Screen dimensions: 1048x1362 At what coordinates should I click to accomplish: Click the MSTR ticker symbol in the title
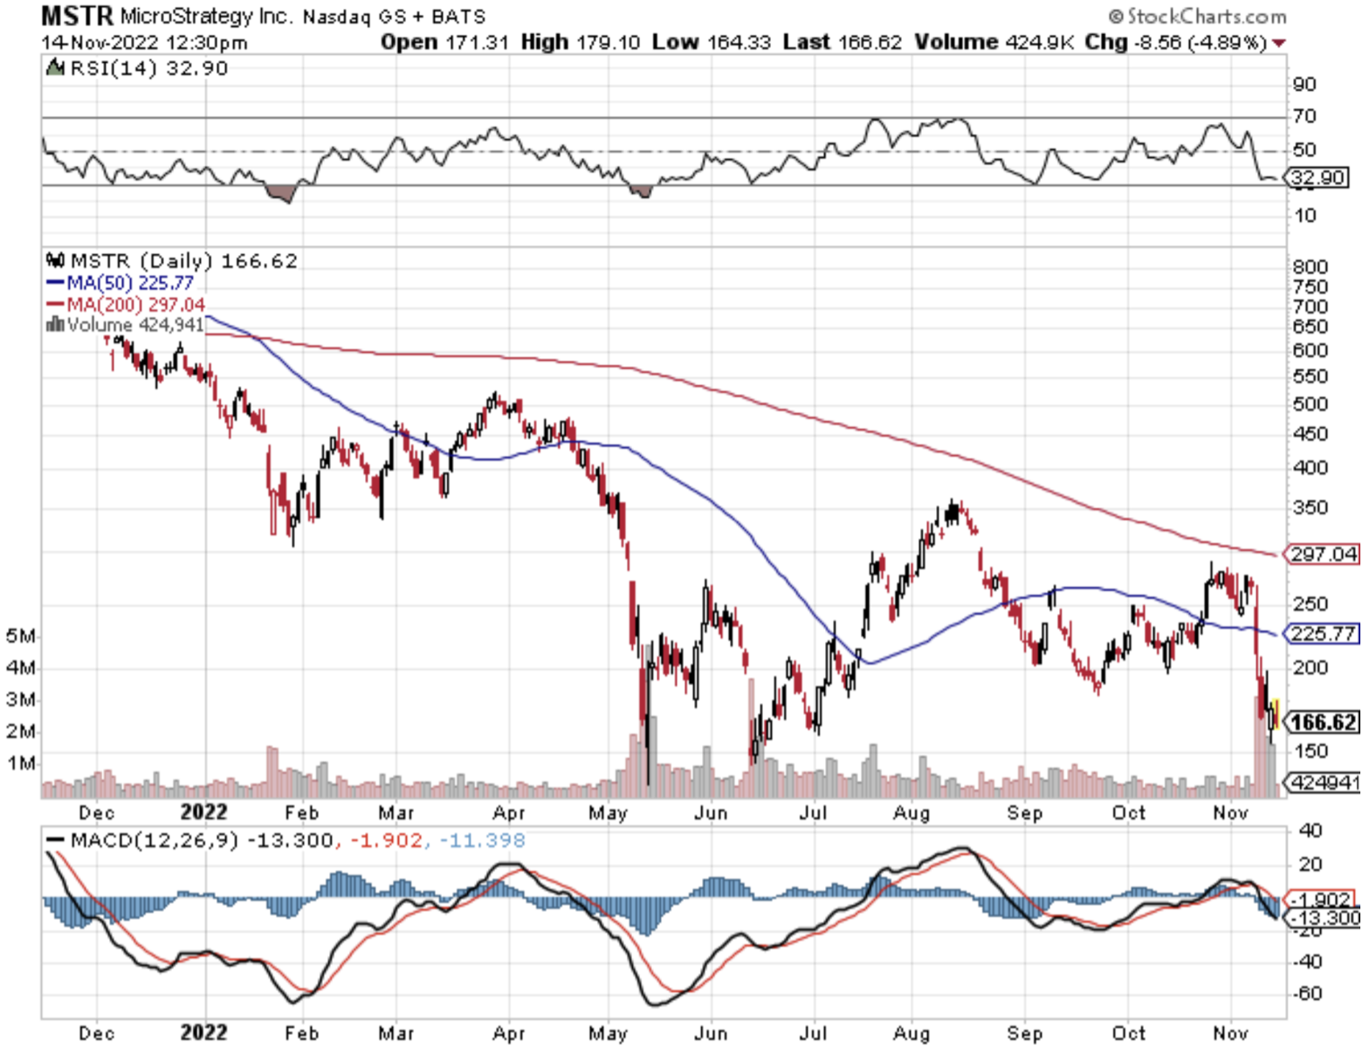77,16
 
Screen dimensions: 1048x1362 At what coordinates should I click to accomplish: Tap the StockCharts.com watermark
1198,17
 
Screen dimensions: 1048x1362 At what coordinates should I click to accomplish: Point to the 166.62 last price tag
1324,722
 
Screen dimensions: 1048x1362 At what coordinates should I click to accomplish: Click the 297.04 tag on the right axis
1324,554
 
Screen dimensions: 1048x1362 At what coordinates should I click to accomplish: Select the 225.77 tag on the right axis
1324,633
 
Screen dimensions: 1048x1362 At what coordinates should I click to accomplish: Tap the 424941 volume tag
1325,782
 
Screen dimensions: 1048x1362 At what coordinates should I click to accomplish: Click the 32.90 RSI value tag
1318,177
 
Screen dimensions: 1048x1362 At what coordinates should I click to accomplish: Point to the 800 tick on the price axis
1310,267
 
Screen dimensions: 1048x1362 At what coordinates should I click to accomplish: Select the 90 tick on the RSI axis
1304,85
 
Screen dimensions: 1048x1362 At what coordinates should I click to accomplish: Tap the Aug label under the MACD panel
911,1034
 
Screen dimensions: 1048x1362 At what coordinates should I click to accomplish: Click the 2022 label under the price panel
203,812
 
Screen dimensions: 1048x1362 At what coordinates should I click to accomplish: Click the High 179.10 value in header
580,42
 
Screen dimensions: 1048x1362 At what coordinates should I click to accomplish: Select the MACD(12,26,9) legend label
154,840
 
